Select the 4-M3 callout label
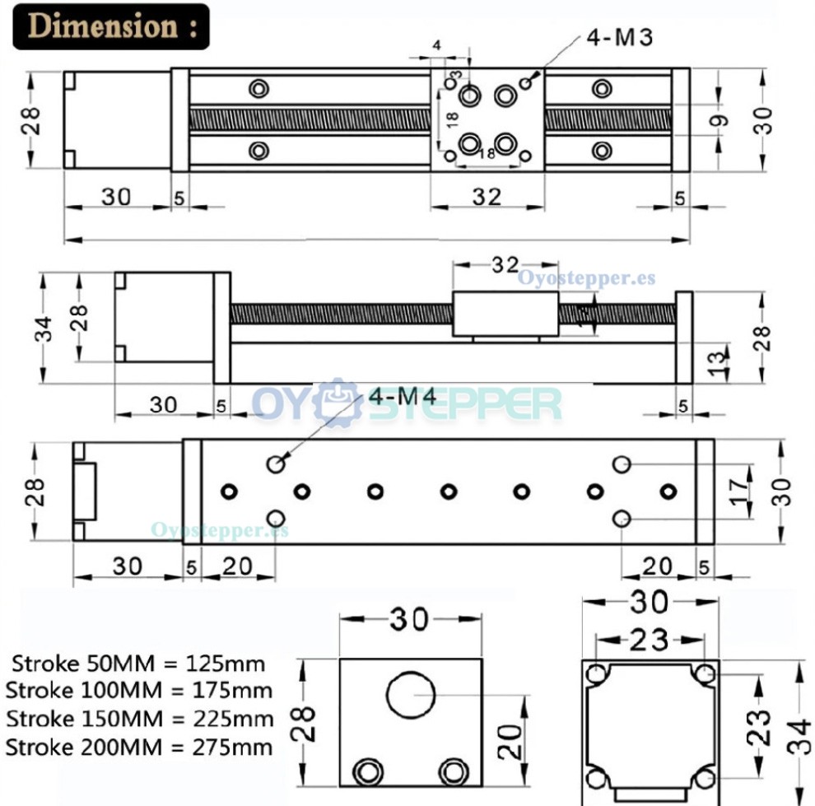click(x=619, y=39)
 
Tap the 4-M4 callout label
click(x=402, y=398)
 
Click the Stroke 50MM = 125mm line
click(x=138, y=664)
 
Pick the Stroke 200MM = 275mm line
click(x=138, y=748)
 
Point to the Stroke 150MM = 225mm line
click(x=138, y=719)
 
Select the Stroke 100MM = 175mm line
click(x=138, y=691)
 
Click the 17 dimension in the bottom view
click(x=739, y=492)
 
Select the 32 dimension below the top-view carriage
click(x=487, y=197)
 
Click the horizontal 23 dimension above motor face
click(x=650, y=639)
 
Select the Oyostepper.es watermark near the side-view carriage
click(x=586, y=278)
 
